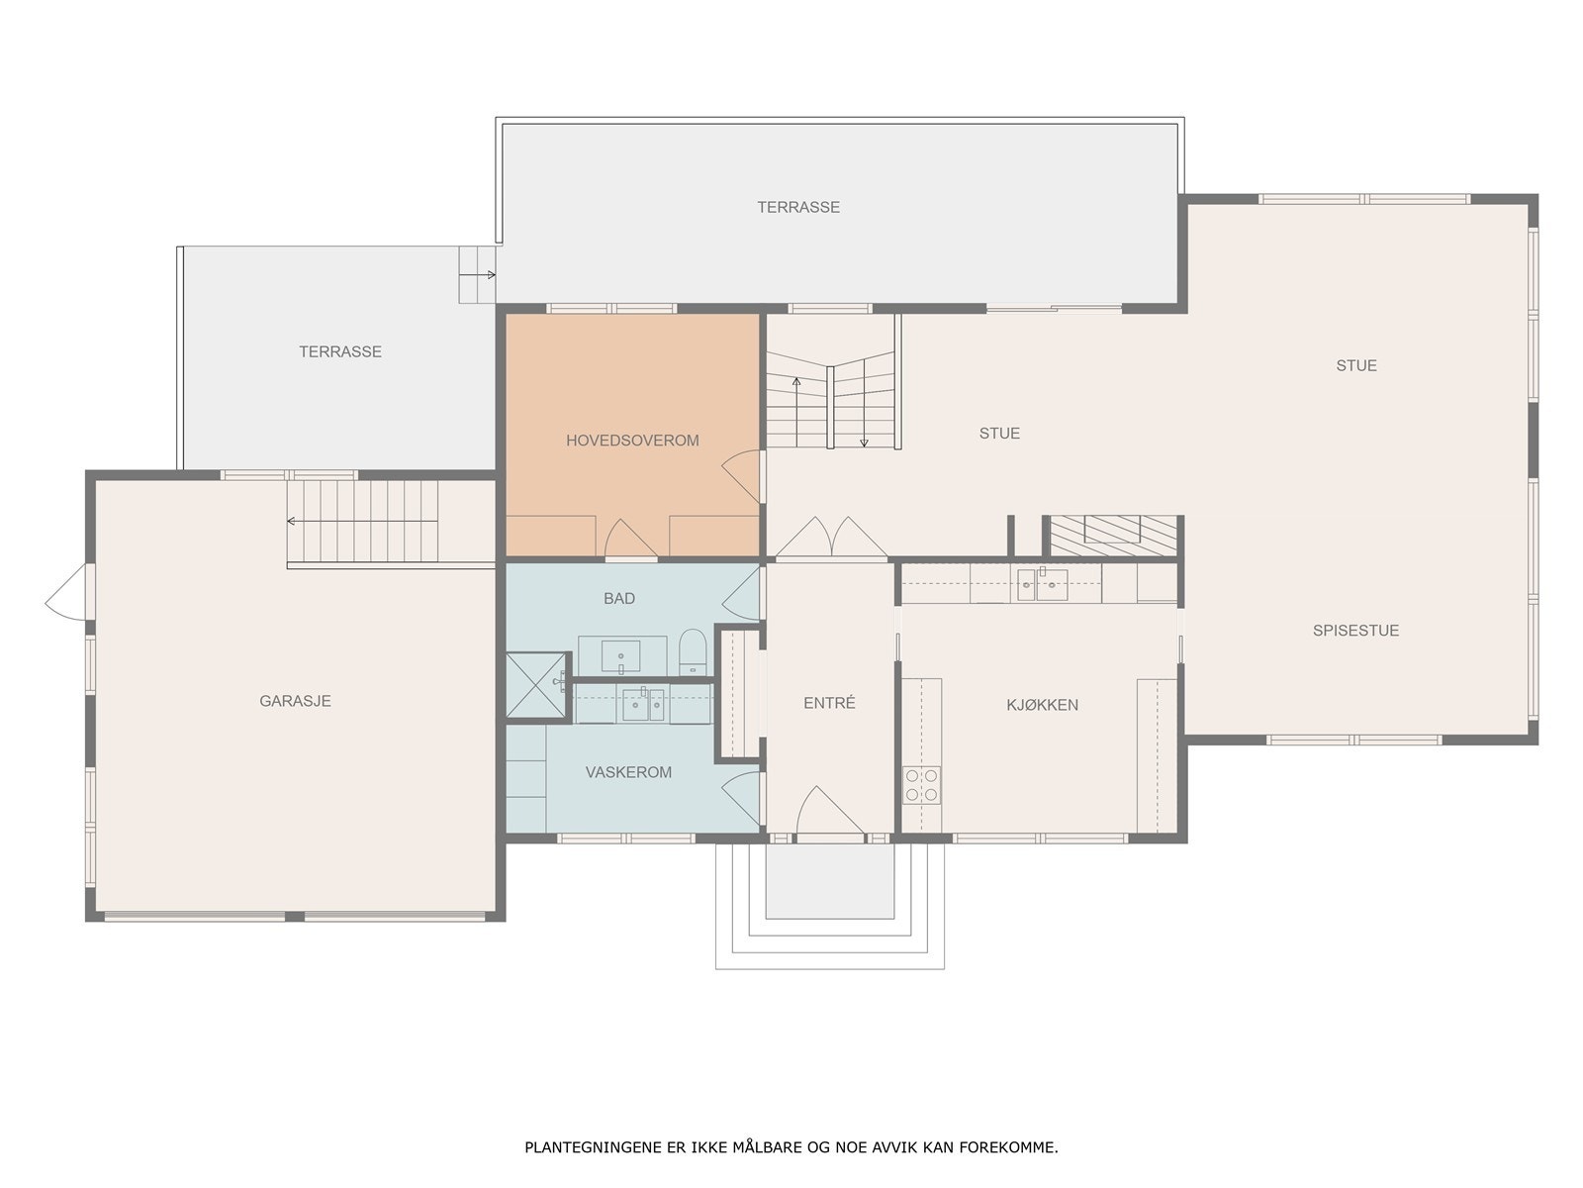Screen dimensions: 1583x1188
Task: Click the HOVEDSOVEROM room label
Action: [632, 440]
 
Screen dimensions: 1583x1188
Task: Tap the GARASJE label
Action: [295, 700]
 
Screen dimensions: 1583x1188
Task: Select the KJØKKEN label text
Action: [1042, 705]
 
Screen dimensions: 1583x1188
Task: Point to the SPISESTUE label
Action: [1355, 630]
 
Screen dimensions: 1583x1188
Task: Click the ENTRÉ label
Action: [829, 703]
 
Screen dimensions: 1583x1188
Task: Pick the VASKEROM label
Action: [628, 772]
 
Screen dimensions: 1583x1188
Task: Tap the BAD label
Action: [618, 598]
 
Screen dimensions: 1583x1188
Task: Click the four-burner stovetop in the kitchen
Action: [922, 785]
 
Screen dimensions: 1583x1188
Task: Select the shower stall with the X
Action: [536, 685]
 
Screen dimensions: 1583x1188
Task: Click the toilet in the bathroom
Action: [693, 652]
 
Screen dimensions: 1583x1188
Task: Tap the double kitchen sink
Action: [1042, 583]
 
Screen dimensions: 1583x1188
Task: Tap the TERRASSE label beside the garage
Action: [339, 351]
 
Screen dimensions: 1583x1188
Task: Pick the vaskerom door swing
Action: [741, 798]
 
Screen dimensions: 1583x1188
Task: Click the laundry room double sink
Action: [642, 704]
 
